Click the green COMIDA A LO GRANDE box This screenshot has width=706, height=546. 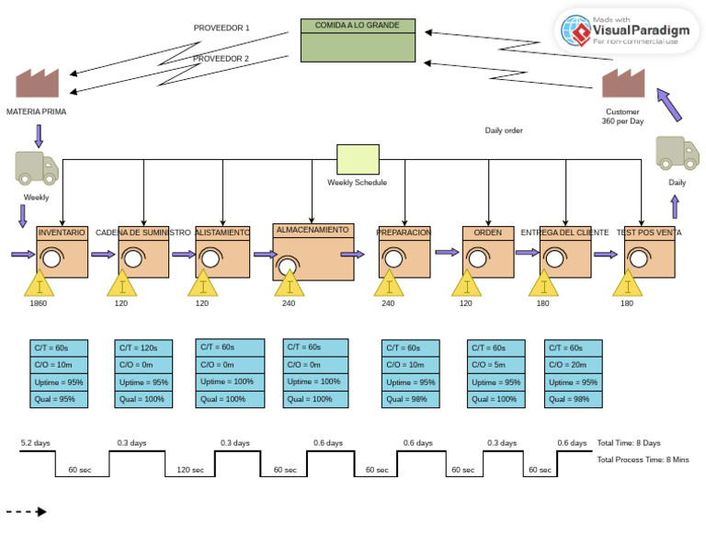click(x=358, y=40)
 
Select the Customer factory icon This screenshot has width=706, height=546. click(x=622, y=84)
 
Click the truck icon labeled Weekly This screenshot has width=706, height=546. click(x=37, y=167)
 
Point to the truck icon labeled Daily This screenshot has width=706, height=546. click(x=677, y=154)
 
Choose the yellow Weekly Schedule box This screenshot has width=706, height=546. click(x=358, y=159)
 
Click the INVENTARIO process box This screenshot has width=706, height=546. click(x=62, y=252)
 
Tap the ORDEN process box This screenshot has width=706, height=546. click(x=488, y=252)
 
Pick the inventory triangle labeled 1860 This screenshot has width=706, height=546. click(x=39, y=284)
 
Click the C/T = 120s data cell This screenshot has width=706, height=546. click(x=143, y=348)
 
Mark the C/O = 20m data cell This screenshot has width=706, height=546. click(x=574, y=365)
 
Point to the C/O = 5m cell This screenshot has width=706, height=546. click(x=496, y=365)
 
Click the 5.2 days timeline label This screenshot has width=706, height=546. click(x=35, y=443)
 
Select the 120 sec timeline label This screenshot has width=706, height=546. click(x=190, y=470)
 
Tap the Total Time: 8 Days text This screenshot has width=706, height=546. click(x=629, y=443)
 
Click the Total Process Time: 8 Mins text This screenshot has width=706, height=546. click(x=643, y=460)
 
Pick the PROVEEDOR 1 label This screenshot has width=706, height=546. click(x=222, y=28)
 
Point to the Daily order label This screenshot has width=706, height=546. click(x=504, y=131)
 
